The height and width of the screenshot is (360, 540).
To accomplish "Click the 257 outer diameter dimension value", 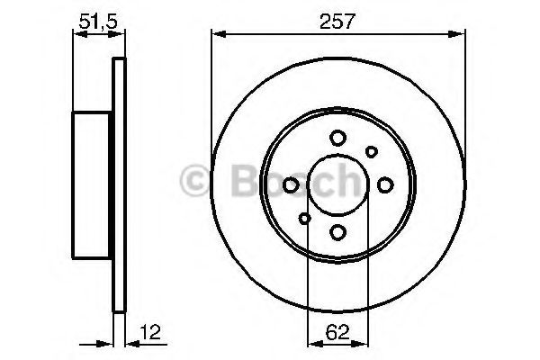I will coord(338,21).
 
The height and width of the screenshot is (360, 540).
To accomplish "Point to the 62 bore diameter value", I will coord(338,331).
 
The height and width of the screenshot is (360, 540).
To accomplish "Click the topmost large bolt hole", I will coord(337,138).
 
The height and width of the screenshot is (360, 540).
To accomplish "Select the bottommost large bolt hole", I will coord(337,233).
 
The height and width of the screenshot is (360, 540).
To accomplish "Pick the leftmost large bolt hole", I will coord(291,185).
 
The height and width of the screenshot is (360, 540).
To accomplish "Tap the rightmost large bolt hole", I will coord(385,185).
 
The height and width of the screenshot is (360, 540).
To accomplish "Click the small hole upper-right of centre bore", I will coord(371,152).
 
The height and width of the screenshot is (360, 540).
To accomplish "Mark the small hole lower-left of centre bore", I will coord(305,219).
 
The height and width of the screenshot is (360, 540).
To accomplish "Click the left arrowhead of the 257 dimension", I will coord(217,35).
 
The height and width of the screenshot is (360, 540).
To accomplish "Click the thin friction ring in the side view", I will coord(115,185).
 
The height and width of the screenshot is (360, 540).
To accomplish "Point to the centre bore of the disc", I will coord(337,185).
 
